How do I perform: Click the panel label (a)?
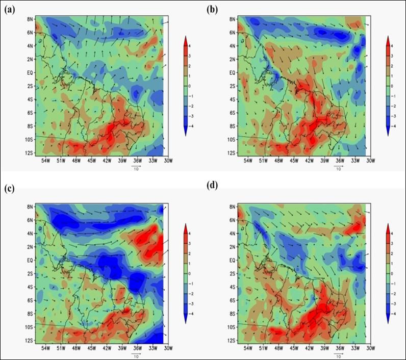[8, 9]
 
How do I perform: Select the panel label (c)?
[8, 188]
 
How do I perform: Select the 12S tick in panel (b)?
[233, 153]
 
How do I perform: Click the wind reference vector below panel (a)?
[136, 166]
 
